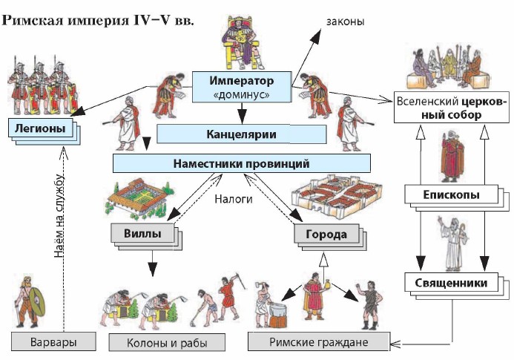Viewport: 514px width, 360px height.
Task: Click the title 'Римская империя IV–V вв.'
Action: pyautogui.click(x=99, y=19)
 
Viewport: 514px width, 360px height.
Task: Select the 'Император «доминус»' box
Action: pyautogui.click(x=241, y=87)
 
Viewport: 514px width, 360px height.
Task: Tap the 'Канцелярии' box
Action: pyautogui.click(x=241, y=134)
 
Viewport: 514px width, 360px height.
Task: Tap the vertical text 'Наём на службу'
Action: pyautogui.click(x=62, y=215)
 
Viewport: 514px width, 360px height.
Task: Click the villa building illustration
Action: pyautogui.click(x=140, y=197)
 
